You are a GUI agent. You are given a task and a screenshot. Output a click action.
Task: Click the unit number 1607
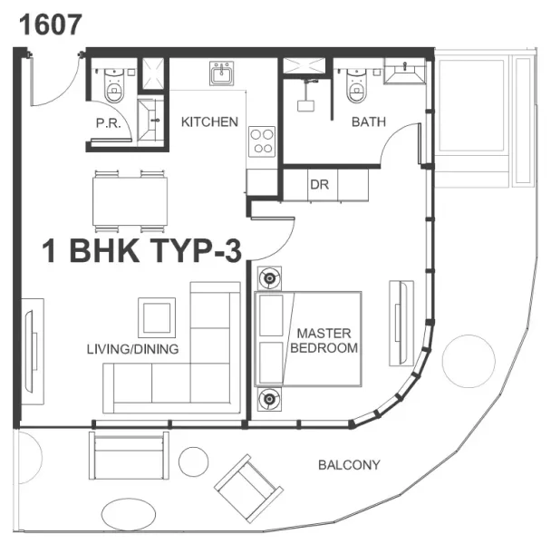52,24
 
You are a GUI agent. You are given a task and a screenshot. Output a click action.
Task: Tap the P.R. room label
109,122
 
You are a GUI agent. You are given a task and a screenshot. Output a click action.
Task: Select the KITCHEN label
209,122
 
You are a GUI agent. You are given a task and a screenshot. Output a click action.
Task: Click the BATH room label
370,122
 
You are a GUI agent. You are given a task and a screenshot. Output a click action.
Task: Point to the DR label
318,184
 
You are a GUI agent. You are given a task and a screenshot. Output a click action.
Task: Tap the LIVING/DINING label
132,349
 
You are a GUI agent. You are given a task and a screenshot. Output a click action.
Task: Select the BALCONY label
349,466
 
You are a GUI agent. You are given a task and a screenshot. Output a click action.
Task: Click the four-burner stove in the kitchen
262,141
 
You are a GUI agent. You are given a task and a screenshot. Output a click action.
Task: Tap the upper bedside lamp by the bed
268,277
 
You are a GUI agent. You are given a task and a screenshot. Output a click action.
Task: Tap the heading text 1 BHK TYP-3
143,250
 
